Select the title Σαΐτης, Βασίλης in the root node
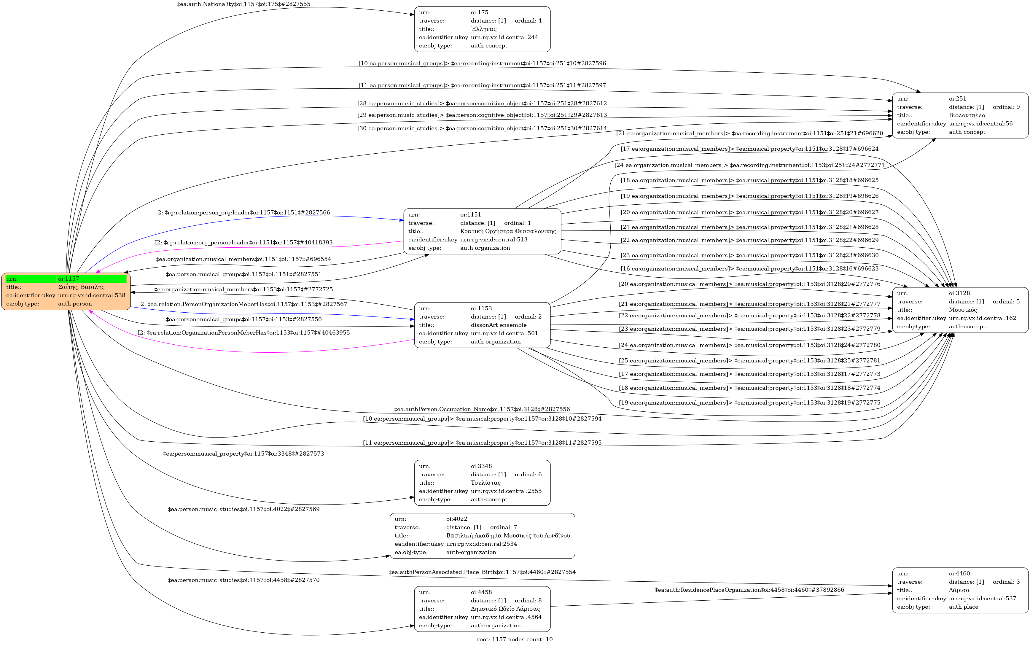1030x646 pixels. point(81,287)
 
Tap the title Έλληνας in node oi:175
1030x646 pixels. point(484,29)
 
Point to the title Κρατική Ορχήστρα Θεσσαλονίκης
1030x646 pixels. point(508,231)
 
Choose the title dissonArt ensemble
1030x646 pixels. point(499,325)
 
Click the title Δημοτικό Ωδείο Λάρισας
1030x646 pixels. point(505,609)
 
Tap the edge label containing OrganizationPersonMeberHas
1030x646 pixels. point(243,333)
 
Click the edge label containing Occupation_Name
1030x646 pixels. point(482,409)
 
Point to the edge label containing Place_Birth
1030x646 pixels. point(482,572)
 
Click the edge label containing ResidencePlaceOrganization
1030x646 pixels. point(749,590)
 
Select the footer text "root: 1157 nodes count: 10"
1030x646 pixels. point(514,639)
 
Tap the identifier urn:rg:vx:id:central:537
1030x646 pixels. point(982,599)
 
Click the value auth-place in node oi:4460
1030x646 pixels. point(963,607)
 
